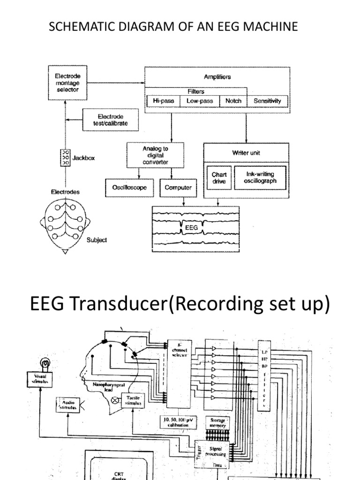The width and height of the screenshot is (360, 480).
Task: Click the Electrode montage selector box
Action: click(67, 82)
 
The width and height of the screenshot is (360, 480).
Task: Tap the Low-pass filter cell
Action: click(200, 101)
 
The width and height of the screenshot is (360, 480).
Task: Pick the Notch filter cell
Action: click(233, 101)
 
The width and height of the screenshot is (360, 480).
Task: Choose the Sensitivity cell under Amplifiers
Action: click(267, 101)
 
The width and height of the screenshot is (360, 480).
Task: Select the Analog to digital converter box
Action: click(155, 156)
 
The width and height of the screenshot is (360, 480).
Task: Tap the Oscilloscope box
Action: click(129, 187)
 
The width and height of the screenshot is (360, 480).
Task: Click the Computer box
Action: click(178, 187)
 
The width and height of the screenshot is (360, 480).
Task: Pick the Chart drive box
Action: click(219, 178)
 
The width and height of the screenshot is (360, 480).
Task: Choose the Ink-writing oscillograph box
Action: click(261, 178)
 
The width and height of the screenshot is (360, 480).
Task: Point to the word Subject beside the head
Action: click(97, 240)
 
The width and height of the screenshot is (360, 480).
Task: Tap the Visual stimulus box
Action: click(39, 378)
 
